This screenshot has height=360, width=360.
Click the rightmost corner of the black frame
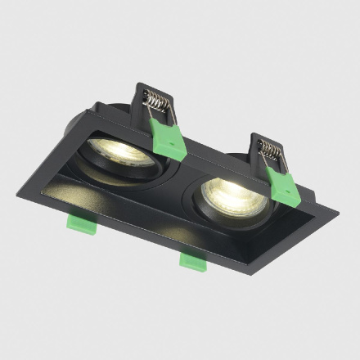click(x=338, y=208)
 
